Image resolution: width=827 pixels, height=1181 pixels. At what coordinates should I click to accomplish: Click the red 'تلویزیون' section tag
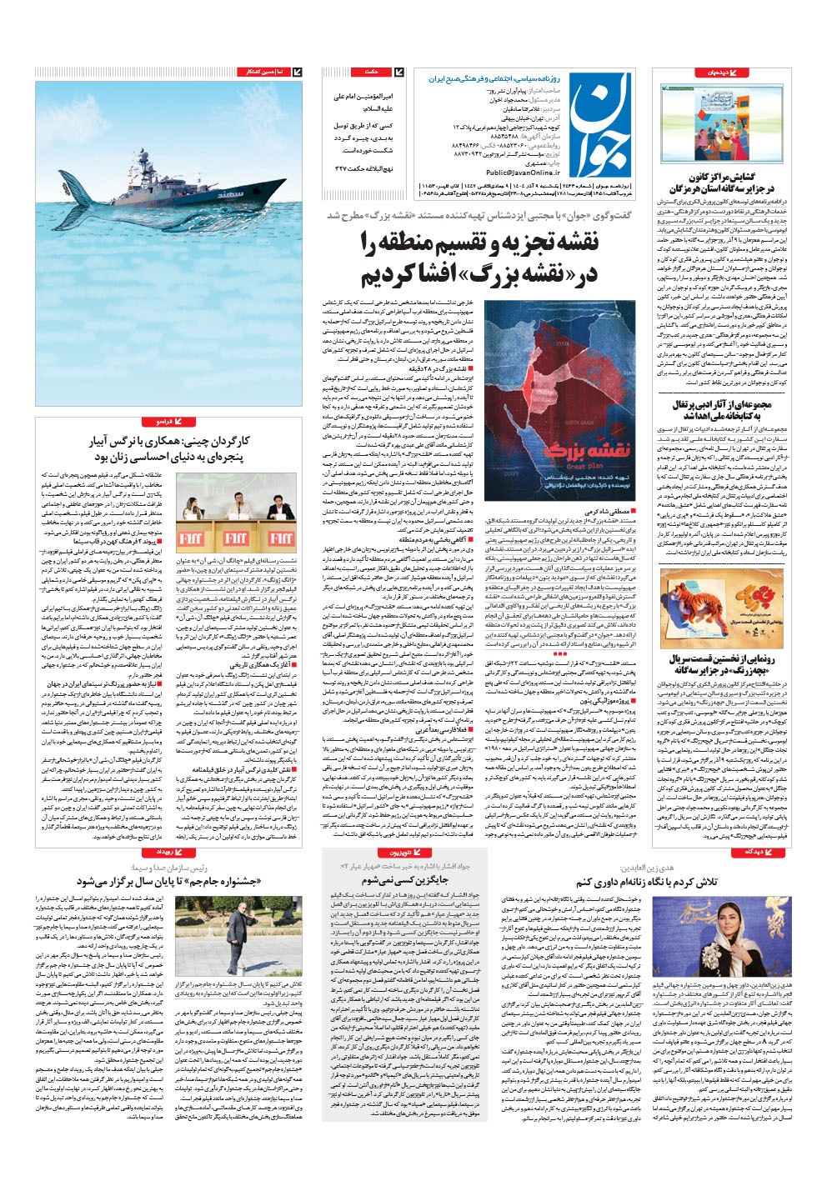397,853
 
